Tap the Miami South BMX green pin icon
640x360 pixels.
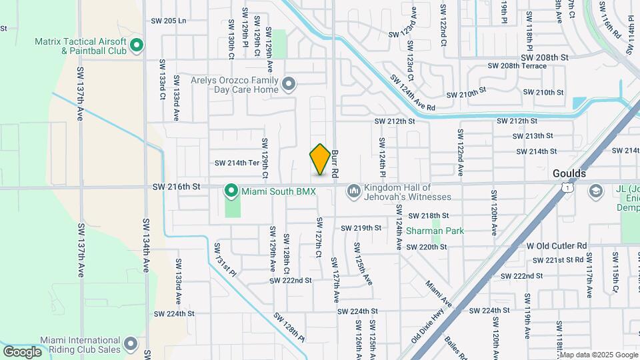coord(231,191)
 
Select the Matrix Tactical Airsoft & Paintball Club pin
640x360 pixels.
coord(137,46)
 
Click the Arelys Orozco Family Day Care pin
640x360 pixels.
coord(289,84)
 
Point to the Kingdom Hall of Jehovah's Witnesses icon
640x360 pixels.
coord(353,192)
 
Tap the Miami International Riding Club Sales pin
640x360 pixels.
coord(131,344)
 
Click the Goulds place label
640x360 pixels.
coord(569,173)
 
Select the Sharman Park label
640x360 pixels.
coord(435,231)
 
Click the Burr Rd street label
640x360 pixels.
coord(335,162)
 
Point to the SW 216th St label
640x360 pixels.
coord(177,187)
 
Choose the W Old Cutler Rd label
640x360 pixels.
coord(557,245)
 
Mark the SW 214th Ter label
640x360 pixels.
coord(236,163)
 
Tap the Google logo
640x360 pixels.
coord(22,351)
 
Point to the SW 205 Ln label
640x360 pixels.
coord(166,21)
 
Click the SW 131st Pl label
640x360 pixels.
coord(225,258)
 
